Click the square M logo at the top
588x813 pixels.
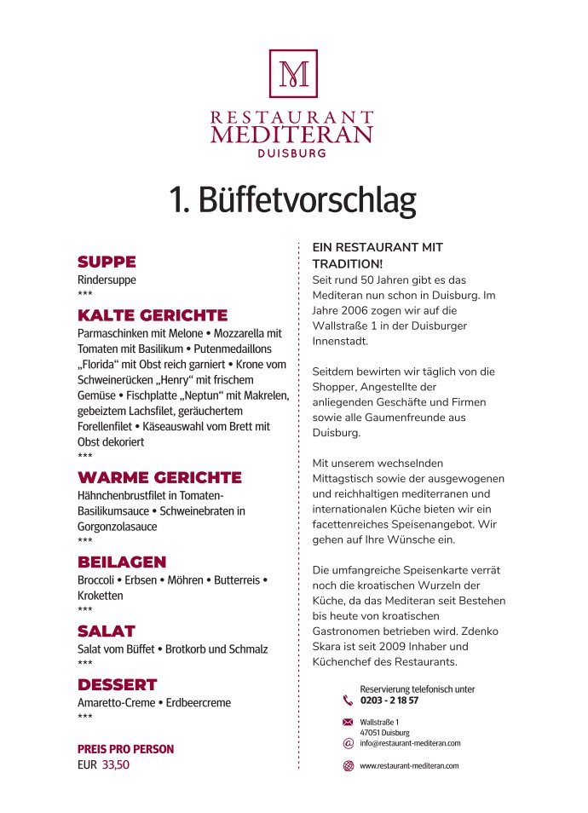pos(293,73)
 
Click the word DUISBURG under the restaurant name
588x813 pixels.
pos(292,154)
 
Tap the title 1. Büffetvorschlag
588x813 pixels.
pos(292,200)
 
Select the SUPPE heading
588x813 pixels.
pos(107,262)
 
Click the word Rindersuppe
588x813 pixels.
pos(107,280)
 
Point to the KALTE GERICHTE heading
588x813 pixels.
pos(153,315)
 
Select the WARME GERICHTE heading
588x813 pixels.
pos(159,477)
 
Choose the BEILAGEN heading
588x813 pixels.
pos(122,562)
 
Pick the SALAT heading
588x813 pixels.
pos(107,631)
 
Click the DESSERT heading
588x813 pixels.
pos(118,684)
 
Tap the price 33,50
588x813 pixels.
pos(116,765)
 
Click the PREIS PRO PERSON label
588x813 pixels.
pos(125,749)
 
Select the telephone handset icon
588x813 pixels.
pos(348,701)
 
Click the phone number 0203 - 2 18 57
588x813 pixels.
pos(389,701)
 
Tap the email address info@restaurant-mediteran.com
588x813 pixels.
pos(410,743)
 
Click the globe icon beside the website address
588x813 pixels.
pos(348,766)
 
